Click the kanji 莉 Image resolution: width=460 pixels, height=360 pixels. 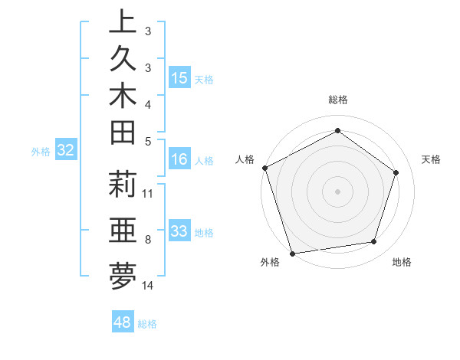pos(123,185)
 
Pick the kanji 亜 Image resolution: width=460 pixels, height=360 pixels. pos(123,230)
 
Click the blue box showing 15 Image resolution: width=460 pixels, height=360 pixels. pos(179,77)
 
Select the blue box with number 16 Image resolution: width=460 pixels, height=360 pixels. pos(179,159)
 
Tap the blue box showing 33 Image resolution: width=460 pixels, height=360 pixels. pos(179,231)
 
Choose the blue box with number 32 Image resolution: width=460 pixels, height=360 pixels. pos(66,151)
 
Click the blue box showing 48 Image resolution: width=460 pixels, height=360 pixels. pos(123,322)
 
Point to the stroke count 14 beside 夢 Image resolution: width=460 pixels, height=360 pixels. pos(148,286)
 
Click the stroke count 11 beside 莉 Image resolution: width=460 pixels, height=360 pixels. pos(148,193)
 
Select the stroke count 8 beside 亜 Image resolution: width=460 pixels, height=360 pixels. pos(148,240)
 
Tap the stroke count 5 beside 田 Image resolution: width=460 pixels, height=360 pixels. pos(148,141)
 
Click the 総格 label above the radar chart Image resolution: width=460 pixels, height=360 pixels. pos(337,100)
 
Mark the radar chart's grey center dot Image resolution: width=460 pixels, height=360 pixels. pos(337,190)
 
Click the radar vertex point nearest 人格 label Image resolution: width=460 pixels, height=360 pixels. pos(265,168)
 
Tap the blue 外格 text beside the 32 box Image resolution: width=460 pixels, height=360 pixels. pos(40,152)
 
